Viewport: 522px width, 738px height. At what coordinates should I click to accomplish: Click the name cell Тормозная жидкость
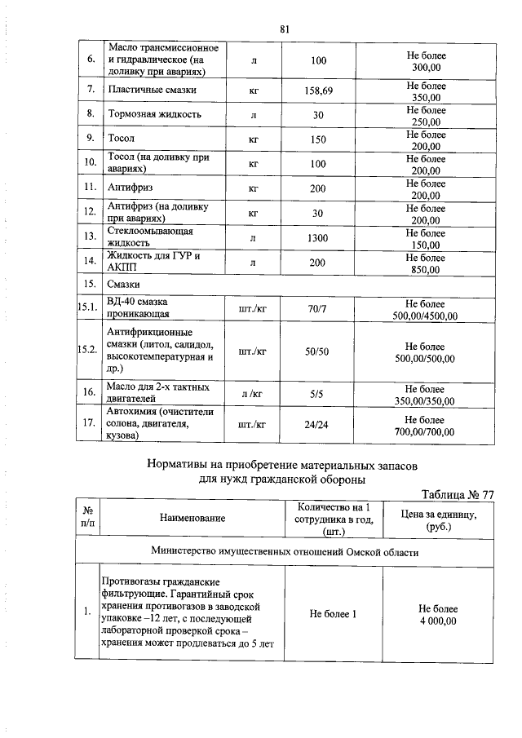tap(154, 115)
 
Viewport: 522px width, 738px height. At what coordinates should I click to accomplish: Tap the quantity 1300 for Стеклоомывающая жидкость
tap(318, 237)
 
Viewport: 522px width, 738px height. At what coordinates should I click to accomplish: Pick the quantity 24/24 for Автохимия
tap(318, 425)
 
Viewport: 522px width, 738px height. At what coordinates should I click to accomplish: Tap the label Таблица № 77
tap(457, 494)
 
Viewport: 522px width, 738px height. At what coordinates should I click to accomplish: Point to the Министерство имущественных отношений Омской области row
tap(285, 552)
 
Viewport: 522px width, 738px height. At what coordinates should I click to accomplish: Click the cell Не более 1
tap(333, 613)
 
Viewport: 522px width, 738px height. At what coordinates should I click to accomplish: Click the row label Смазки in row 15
tap(123, 284)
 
